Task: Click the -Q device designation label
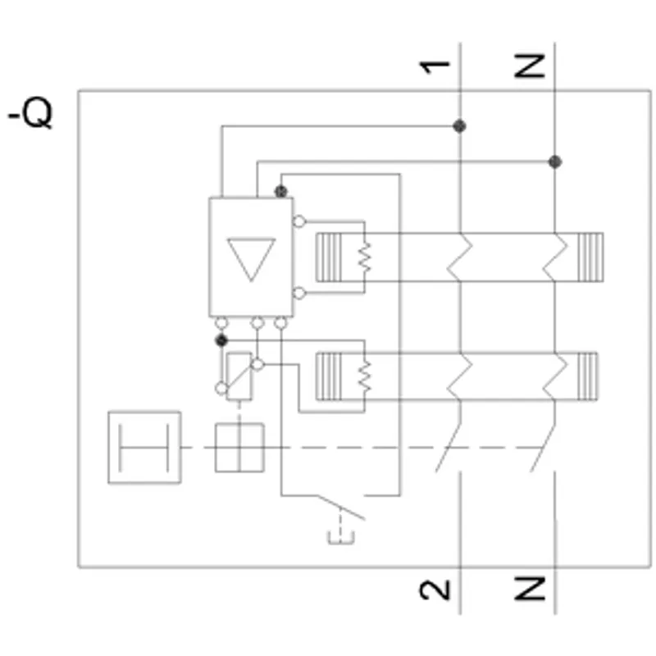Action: [x=30, y=113]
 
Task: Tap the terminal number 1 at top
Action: [x=435, y=67]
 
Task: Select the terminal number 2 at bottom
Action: [x=435, y=590]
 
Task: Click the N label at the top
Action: [x=530, y=66]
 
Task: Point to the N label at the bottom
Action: [x=530, y=588]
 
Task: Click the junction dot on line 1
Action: [x=460, y=126]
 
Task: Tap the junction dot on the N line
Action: [x=555, y=162]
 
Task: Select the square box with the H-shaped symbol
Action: [x=145, y=448]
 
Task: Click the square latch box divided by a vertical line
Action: [x=239, y=448]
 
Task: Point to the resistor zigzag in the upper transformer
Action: [x=364, y=257]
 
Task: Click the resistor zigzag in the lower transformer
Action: [x=364, y=376]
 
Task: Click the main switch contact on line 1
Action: [x=449, y=447]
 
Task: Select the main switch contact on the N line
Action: [x=544, y=447]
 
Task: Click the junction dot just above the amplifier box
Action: [x=281, y=192]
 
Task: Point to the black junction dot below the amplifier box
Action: [x=221, y=340]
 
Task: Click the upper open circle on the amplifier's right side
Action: [x=299, y=221]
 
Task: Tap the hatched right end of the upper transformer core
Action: [x=590, y=257]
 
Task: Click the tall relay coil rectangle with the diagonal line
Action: [x=239, y=376]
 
